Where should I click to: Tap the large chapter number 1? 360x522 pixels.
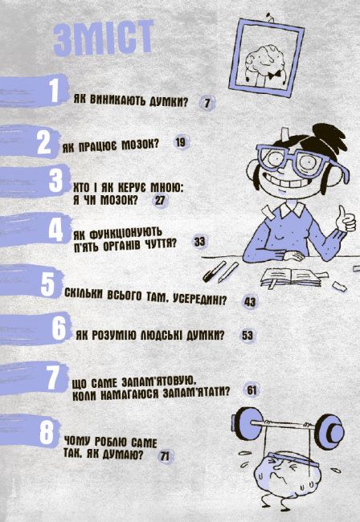tap(53, 90)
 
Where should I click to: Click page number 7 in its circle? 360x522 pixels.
tap(207, 103)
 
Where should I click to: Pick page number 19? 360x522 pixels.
tap(180, 142)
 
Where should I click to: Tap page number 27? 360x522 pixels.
tap(160, 200)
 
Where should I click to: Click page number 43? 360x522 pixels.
tap(249, 303)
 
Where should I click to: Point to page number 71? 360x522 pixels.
tap(166, 456)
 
